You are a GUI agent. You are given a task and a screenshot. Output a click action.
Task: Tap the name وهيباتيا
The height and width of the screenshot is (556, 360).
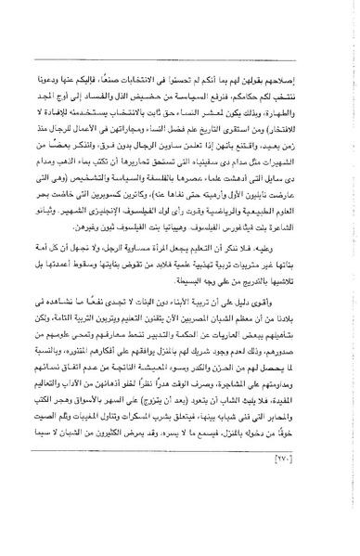157,216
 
